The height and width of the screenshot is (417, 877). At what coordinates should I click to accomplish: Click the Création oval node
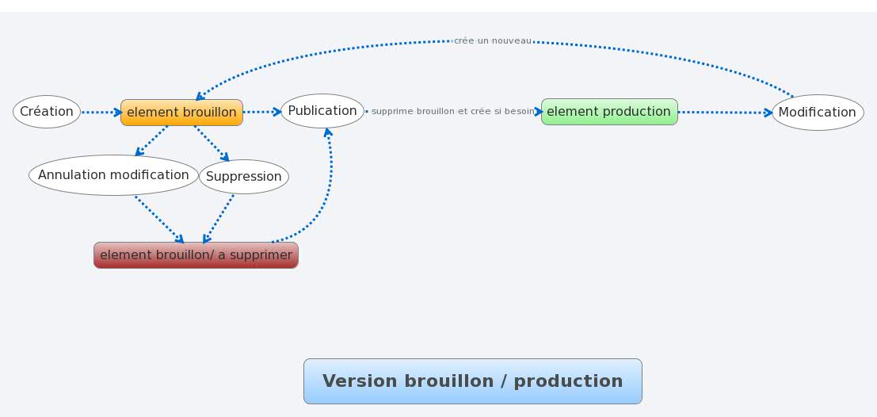tap(47, 112)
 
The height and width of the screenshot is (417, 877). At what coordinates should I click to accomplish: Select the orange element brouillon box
tap(181, 113)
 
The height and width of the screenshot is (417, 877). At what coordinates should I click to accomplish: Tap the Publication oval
tap(322, 111)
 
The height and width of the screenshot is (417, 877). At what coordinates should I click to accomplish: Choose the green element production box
tap(609, 112)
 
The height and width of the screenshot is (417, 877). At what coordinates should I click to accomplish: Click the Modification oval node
tap(818, 113)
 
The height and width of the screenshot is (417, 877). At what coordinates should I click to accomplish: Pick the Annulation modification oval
tap(113, 175)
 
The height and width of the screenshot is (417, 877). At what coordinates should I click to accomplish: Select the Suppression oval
tap(244, 177)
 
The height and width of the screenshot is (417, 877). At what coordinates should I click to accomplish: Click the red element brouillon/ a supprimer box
tap(196, 255)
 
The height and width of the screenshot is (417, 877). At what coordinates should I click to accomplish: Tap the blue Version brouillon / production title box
tap(473, 381)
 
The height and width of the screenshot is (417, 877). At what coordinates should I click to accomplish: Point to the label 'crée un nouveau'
tap(493, 41)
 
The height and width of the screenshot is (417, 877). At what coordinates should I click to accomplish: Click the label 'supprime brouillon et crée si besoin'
tap(453, 112)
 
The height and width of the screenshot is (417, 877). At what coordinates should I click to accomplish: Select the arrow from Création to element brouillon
tap(101, 113)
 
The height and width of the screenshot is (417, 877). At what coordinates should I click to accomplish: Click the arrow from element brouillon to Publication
tap(262, 112)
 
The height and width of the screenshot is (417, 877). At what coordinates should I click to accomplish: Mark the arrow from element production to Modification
tap(726, 113)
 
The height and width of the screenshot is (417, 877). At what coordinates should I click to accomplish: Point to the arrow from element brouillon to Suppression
tap(212, 143)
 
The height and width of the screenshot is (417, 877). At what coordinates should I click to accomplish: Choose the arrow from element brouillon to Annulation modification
tap(151, 140)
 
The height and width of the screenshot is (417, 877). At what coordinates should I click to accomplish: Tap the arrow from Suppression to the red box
tap(218, 219)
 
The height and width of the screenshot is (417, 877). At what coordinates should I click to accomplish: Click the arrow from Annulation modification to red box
tap(159, 220)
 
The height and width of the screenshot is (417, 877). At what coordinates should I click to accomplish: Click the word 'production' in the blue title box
tap(568, 381)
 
